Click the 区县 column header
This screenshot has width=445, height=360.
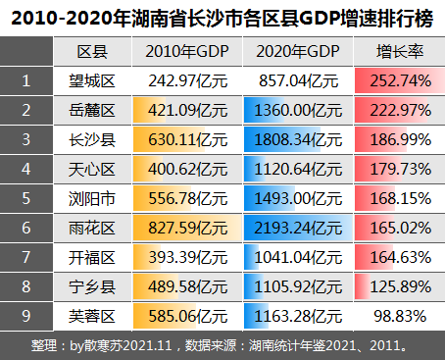click(92, 52)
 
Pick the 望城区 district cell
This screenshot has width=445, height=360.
click(92, 80)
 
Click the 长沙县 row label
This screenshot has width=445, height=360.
click(92, 139)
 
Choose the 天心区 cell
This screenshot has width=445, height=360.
click(92, 169)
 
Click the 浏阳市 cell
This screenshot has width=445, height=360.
click(92, 198)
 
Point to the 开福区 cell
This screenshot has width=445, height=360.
click(92, 257)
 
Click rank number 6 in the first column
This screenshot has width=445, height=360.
click(25, 228)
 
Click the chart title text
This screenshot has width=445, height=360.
click(222, 17)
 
